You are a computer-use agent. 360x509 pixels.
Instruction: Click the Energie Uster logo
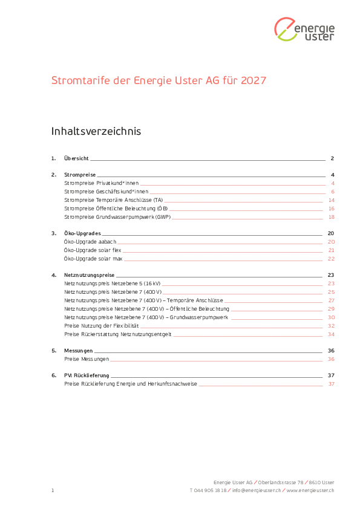pyautogui.click(x=304, y=29)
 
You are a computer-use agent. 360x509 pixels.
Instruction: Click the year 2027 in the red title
pyautogui.click(x=254, y=80)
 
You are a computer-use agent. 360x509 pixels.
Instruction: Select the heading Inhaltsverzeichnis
pyautogui.click(x=96, y=131)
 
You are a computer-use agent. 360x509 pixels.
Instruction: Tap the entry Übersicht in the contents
pyautogui.click(x=76, y=158)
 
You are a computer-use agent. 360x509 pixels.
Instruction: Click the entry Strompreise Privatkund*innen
pyautogui.click(x=102, y=183)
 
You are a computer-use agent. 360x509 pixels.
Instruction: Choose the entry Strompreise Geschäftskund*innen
pyautogui.click(x=106, y=192)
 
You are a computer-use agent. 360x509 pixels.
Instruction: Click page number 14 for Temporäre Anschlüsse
pyautogui.click(x=332, y=200)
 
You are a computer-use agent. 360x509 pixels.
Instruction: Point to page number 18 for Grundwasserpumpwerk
pyautogui.click(x=332, y=217)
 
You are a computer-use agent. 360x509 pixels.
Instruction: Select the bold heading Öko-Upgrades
pyautogui.click(x=82, y=233)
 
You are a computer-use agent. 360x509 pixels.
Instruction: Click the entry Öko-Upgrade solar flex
pyautogui.click(x=93, y=250)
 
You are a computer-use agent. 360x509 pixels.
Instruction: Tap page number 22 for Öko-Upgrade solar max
pyautogui.click(x=331, y=259)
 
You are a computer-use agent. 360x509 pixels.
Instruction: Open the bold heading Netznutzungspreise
pyautogui.click(x=90, y=275)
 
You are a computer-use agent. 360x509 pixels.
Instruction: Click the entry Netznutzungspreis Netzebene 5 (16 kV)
pyautogui.click(x=113, y=284)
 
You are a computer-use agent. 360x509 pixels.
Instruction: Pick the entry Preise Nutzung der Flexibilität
pyautogui.click(x=102, y=326)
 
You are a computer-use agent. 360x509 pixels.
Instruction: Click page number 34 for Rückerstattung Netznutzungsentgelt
pyautogui.click(x=331, y=334)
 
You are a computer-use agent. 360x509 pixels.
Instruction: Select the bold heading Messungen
pyautogui.click(x=78, y=351)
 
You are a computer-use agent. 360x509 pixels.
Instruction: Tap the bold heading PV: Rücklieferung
pyautogui.click(x=87, y=375)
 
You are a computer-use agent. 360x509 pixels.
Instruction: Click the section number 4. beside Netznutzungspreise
pyautogui.click(x=54, y=275)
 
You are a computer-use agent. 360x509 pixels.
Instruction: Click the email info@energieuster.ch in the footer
pyautogui.click(x=257, y=490)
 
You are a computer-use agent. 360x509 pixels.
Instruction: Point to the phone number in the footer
pyautogui.click(x=208, y=490)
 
